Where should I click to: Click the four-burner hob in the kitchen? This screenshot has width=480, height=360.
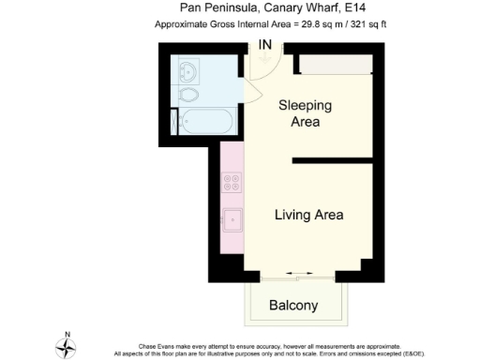click(231, 182)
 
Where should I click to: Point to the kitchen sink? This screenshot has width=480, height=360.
click(231, 221)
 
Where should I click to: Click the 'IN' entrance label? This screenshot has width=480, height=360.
click(266, 44)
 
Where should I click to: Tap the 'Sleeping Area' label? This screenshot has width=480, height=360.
click(300, 114)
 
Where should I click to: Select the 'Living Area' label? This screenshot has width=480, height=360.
click(308, 215)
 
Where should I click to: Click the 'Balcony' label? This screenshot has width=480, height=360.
click(293, 306)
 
